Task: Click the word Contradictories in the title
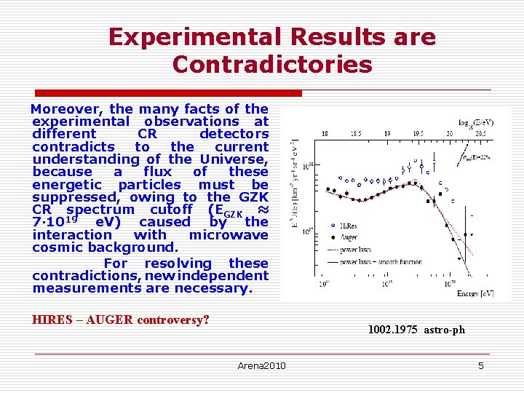click(272, 64)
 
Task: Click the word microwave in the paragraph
click(229, 234)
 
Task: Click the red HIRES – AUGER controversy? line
click(121, 319)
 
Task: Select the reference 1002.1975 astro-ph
click(416, 330)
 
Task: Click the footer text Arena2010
click(262, 365)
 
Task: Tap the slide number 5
click(480, 365)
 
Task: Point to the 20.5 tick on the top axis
click(480, 134)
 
